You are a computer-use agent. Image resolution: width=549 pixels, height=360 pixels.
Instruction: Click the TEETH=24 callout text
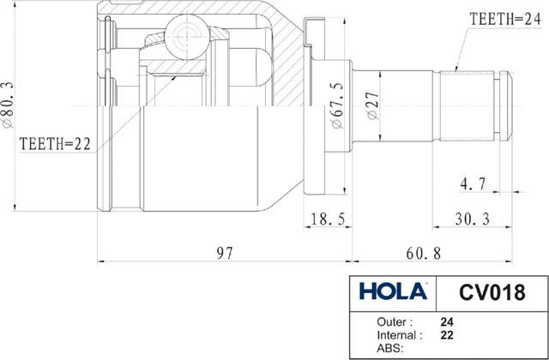505,19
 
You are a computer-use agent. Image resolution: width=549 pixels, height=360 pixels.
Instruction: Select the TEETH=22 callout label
55,144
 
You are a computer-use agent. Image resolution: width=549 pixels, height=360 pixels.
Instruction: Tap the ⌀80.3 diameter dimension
8,105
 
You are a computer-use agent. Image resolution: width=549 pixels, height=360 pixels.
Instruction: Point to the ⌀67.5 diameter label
338,105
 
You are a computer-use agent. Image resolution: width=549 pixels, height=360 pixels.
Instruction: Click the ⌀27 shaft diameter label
374,105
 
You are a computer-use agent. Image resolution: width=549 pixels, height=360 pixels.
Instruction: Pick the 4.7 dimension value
473,183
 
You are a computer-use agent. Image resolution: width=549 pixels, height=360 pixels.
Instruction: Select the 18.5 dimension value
328,219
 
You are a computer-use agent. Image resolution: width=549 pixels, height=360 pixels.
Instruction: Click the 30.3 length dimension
472,219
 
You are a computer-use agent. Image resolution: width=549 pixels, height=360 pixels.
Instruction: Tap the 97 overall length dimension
224,253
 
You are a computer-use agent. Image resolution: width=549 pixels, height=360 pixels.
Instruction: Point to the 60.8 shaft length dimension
423,253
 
